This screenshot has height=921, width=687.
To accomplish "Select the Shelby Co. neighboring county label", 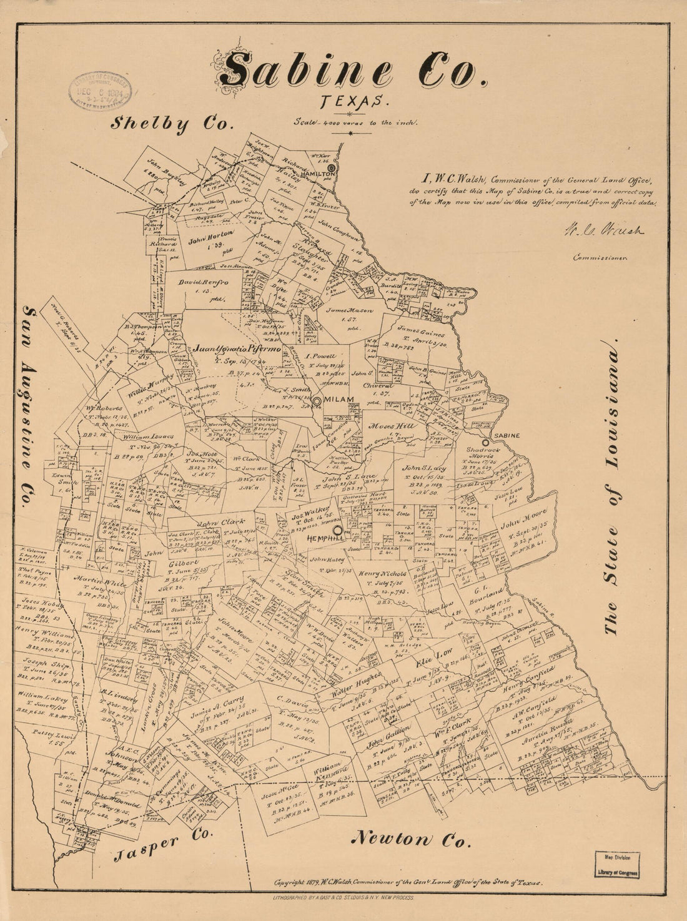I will (172, 124).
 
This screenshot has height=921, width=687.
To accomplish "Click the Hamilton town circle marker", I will (332, 167).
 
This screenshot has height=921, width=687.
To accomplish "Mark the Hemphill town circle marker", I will (338, 530).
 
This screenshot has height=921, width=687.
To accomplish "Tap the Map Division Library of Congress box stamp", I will (620, 865).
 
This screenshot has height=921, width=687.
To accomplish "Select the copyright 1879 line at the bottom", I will (408, 883).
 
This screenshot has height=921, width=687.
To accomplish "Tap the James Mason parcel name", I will (350, 310).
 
